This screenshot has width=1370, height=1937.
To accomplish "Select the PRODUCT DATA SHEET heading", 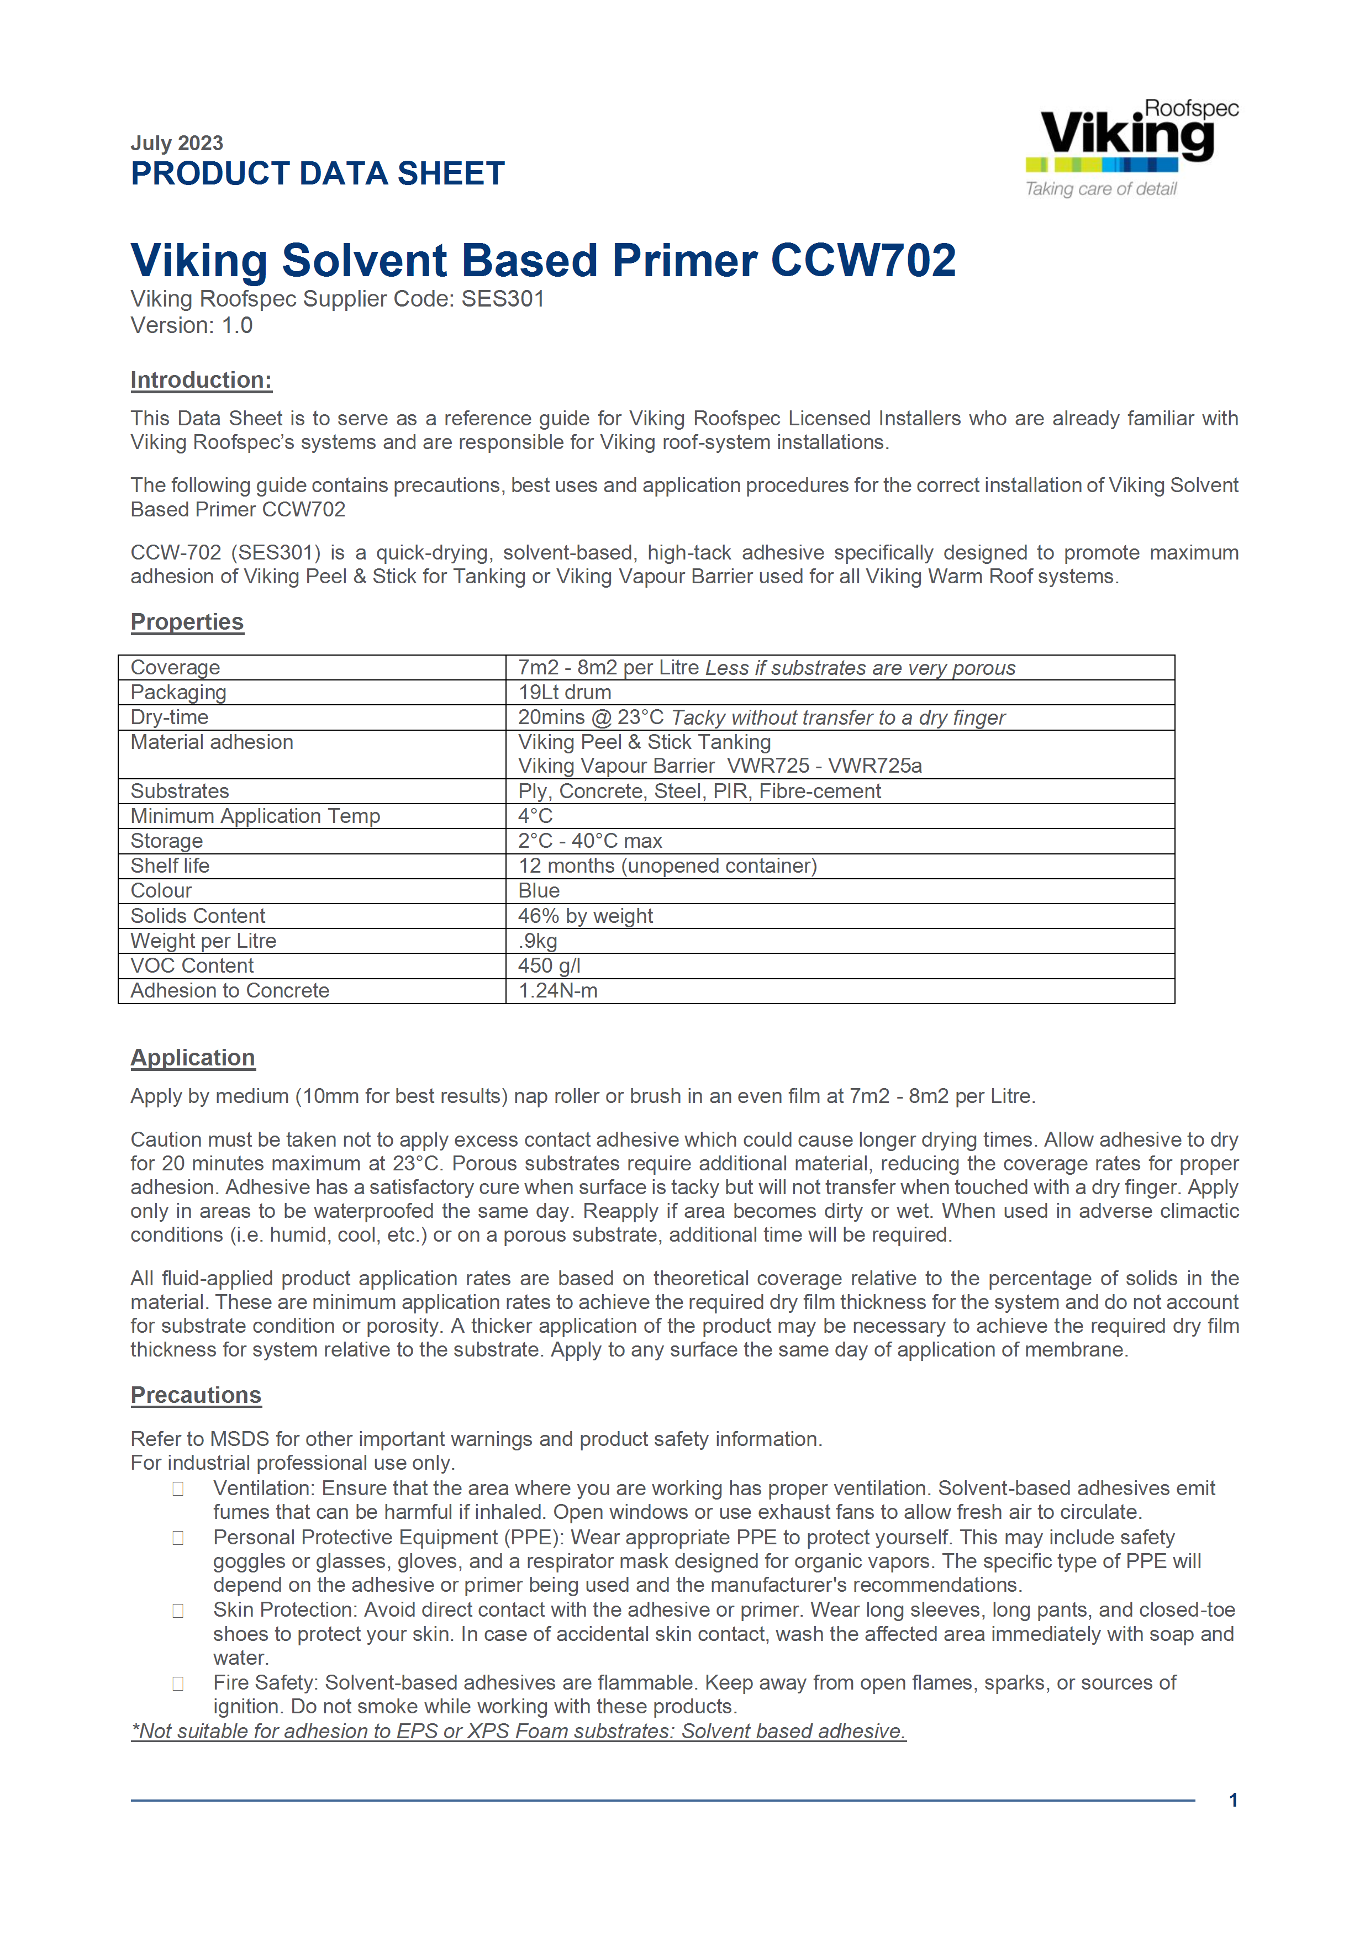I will tap(317, 174).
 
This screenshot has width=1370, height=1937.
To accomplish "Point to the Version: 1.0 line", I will tap(192, 326).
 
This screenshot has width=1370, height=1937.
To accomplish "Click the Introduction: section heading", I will tap(201, 381).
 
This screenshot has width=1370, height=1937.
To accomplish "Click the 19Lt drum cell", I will tap(565, 693).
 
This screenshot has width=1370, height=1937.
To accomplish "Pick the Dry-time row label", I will tap(170, 717).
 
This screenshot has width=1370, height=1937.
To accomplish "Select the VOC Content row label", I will tap(192, 966).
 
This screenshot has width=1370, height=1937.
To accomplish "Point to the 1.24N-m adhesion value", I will tap(557, 991).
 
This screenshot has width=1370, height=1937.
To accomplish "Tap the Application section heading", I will tap(192, 1058).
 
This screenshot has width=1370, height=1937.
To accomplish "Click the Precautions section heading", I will tap(196, 1395).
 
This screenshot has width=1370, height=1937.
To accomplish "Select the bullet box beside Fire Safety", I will tap(178, 1684).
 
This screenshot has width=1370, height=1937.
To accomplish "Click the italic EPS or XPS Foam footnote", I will tap(518, 1731).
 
